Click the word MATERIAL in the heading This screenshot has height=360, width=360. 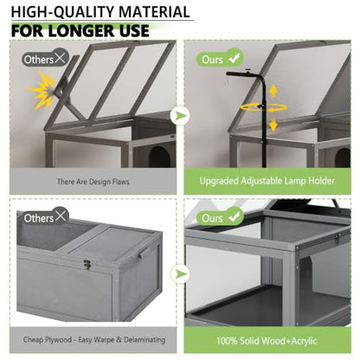pos(154,12)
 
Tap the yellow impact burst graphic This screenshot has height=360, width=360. pos(43,90)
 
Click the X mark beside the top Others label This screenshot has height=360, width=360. pos(61,58)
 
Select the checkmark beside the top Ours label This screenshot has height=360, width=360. pos(235,58)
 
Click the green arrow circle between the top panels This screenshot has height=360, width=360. pos(180,116)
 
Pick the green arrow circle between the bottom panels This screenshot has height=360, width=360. pos(180,273)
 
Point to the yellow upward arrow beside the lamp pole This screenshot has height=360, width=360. pos(273,92)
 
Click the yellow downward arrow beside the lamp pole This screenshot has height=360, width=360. pos(273,125)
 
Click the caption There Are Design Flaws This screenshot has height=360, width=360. pos(93,182)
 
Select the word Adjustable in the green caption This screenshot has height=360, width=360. pos(261,181)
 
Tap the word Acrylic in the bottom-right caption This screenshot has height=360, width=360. pos(304,341)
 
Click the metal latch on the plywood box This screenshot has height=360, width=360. pos(87,264)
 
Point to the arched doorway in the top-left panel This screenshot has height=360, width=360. pos(159,157)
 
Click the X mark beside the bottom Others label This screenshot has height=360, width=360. pos(61,215)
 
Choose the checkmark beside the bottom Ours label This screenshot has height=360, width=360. pos(235,216)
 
